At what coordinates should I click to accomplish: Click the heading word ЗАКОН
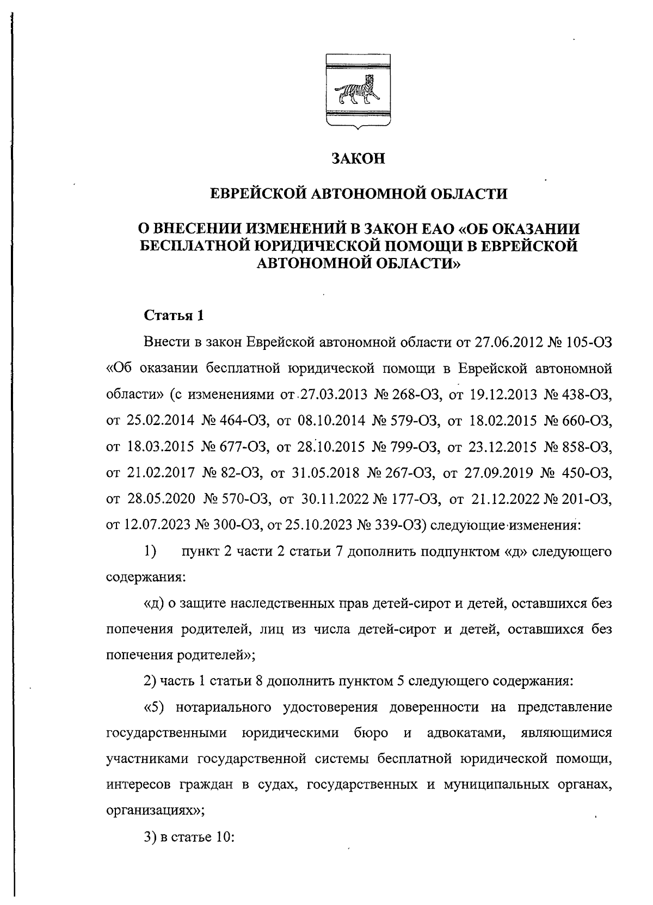tap(358, 159)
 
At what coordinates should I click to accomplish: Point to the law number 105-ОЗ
tap(589, 342)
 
